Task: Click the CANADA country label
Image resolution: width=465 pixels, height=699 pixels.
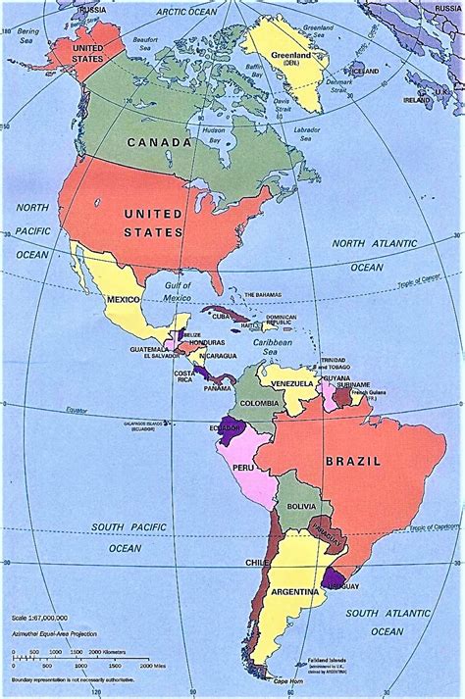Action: [x=157, y=142]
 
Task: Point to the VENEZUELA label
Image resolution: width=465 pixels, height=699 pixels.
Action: [x=292, y=381]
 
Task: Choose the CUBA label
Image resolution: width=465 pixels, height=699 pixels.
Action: [x=221, y=317]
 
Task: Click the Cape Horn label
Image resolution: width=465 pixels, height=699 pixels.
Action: [x=288, y=679]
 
